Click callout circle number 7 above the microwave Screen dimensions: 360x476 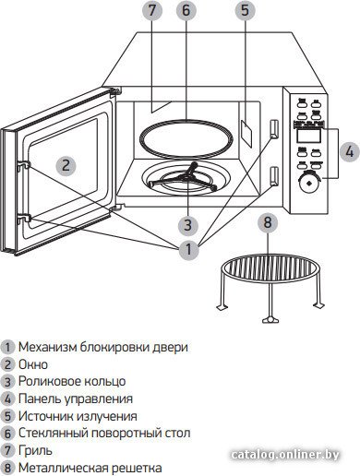pos(151,11)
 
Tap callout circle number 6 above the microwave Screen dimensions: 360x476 pos(186,11)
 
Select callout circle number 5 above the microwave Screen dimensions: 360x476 pos(246,11)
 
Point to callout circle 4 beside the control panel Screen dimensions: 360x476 pos(350,151)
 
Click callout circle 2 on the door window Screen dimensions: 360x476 pos(66,165)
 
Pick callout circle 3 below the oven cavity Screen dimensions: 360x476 pos(188,225)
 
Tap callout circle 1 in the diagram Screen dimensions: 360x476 pos(188,249)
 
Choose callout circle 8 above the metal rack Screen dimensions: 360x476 pos(268,222)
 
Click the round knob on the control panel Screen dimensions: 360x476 pos(309,183)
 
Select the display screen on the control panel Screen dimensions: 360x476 pos(309,136)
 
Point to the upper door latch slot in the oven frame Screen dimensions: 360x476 pos(274,129)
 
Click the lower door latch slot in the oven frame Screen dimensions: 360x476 pos(274,176)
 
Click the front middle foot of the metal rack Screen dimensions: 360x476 pos(270,320)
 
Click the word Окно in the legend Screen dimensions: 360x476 pos(33,364)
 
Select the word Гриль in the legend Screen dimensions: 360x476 pos(35,451)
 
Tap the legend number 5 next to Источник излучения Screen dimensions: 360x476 pos(7,416)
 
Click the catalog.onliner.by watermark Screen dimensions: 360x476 pos(285,455)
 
